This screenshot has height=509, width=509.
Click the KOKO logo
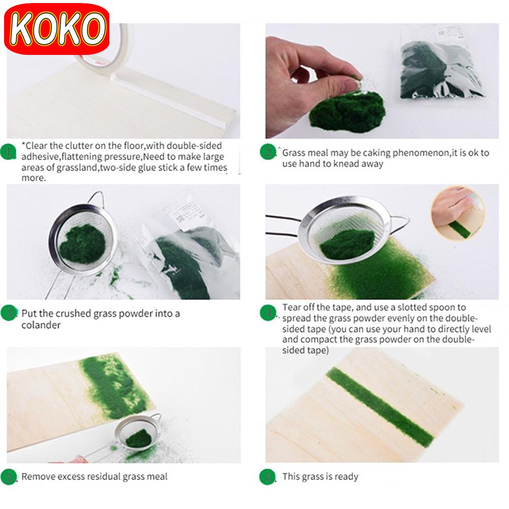coord(57,29)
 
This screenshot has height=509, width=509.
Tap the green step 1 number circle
coord(9,152)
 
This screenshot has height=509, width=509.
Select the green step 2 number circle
coord(268,152)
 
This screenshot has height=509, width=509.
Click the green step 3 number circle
coord(9,313)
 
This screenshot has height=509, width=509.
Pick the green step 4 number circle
coord(268,313)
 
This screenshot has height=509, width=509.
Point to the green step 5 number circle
coord(9,477)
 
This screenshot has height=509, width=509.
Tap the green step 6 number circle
coord(267,477)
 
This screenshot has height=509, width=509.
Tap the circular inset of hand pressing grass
coord(458,213)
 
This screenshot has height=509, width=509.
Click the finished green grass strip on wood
coord(380,407)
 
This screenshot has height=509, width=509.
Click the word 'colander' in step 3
coord(41,325)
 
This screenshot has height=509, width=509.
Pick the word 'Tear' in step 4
coord(291,307)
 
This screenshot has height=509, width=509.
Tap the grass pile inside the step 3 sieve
coord(83,244)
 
